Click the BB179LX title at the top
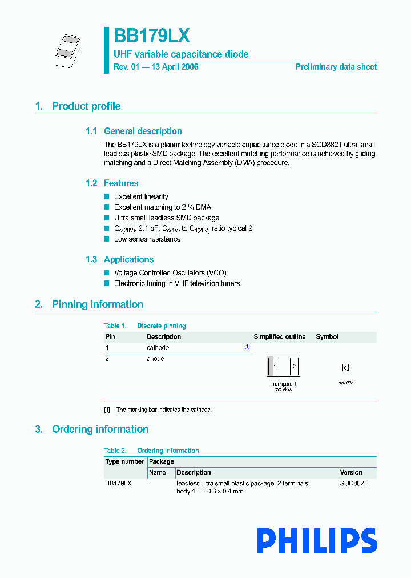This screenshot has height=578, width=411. click(x=151, y=36)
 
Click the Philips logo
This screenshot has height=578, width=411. click(x=317, y=541)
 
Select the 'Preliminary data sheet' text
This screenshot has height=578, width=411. click(x=336, y=67)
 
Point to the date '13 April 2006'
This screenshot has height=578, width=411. click(x=173, y=67)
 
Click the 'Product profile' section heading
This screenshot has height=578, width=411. click(x=86, y=106)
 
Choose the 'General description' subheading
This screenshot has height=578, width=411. click(x=143, y=131)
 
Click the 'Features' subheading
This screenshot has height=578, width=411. click(x=121, y=183)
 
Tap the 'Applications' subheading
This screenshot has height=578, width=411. click(x=128, y=259)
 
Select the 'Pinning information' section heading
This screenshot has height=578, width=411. click(x=98, y=304)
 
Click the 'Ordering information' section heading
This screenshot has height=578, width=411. click(x=100, y=430)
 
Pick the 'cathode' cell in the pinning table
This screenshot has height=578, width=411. click(x=158, y=348)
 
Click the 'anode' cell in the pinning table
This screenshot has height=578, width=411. click(x=155, y=359)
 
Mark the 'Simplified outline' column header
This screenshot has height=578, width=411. click(x=280, y=337)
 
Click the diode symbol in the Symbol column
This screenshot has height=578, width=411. click(x=345, y=367)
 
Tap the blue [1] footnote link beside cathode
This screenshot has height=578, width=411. click(x=247, y=347)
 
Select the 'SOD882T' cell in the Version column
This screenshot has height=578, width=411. click(x=354, y=483)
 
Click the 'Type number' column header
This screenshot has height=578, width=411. click(x=124, y=461)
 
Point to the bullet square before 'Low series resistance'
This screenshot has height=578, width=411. click(x=107, y=239)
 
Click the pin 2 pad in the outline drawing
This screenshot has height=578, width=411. click(x=293, y=367)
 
